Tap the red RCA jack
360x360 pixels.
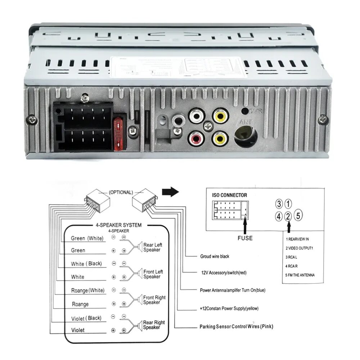coord(195,138)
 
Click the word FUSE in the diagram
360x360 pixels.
coord(245,238)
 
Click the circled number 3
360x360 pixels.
coord(279,204)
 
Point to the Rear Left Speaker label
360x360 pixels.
coord(152,247)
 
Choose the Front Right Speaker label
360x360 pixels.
coord(154,300)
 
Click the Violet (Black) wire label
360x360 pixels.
coord(86,318)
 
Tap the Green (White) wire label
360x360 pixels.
coord(87,238)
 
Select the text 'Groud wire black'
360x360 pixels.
coord(215,257)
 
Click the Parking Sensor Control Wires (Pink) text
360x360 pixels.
coord(237,327)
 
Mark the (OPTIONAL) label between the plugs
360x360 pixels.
coord(121,192)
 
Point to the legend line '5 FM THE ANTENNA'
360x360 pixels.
coord(300,275)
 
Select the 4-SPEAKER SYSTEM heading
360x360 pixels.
coord(118,225)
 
